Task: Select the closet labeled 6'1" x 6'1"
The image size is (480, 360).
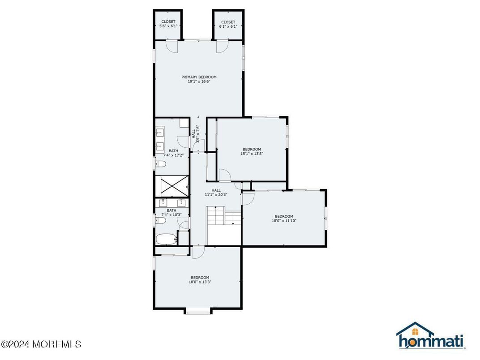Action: pos(228,24)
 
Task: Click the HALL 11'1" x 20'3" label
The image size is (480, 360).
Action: pos(213,193)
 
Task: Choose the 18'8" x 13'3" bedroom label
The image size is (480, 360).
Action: pos(200,280)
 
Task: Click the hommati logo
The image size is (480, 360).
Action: pos(429,336)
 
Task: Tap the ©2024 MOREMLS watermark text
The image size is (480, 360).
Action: pos(41,344)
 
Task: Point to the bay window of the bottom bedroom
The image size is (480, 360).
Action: pos(198,311)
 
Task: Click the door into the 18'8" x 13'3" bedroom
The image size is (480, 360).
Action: pos(198,252)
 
